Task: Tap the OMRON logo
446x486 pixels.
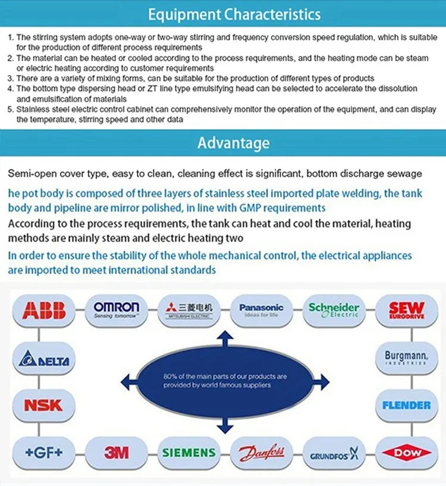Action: (x=117, y=309)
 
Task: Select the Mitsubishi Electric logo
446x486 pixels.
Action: (x=190, y=309)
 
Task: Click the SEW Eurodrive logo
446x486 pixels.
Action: (x=406, y=309)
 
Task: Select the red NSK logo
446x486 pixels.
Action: (x=43, y=406)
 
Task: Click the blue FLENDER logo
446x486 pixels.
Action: (x=406, y=406)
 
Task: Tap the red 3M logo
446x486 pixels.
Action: (x=117, y=453)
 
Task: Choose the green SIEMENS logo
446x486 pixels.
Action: (x=190, y=453)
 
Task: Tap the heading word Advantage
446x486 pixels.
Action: (x=233, y=143)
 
